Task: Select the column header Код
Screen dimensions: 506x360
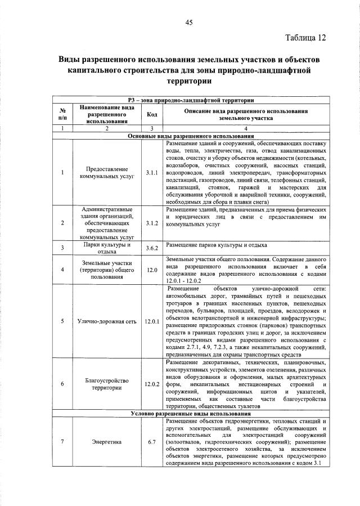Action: tap(151, 114)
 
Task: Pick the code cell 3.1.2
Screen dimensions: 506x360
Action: tap(151, 223)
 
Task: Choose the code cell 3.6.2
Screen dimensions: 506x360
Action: tap(151, 247)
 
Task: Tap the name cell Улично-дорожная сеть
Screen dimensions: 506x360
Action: tap(106, 321)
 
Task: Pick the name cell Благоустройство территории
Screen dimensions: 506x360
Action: tap(106, 384)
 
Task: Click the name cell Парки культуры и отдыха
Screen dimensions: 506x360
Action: tap(106, 248)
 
